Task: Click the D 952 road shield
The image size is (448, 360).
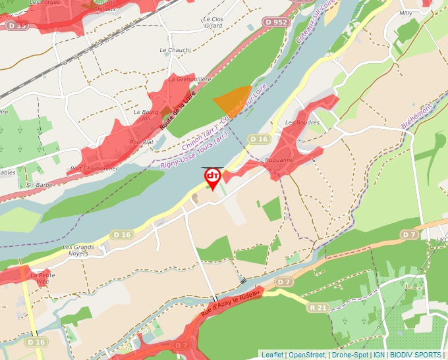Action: click(277, 22)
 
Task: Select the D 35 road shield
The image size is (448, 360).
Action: click(18, 26)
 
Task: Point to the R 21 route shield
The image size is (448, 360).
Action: click(318, 307)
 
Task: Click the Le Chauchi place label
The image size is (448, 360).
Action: click(175, 50)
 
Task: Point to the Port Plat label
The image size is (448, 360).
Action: click(142, 141)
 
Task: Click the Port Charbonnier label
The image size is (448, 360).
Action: click(94, 168)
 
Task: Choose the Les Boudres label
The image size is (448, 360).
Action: click(302, 122)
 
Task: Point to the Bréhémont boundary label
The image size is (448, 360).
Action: click(416, 116)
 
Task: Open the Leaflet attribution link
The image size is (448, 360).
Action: click(271, 355)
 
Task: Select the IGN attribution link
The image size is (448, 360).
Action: click(379, 355)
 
